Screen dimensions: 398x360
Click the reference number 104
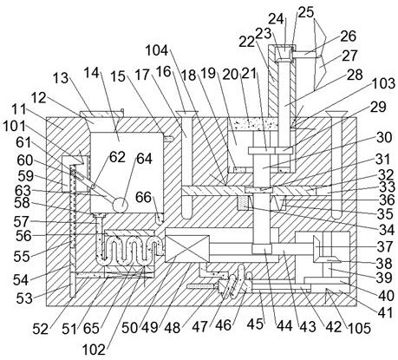[x=156, y=50]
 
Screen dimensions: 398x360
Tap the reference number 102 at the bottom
[x=94, y=350]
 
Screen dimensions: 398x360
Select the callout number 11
[x=19, y=110]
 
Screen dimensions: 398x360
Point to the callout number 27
[x=349, y=56]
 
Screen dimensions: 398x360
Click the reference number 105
[x=359, y=328]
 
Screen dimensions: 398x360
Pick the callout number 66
[x=144, y=197]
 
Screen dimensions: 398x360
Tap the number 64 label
[x=144, y=159]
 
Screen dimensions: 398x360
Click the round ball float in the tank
[x=120, y=205]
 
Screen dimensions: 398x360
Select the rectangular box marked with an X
[x=187, y=249]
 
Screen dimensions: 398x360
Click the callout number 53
[x=23, y=298]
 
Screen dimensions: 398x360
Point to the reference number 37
[x=385, y=246]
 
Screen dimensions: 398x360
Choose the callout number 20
[x=231, y=75]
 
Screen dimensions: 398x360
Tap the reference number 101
[x=14, y=127]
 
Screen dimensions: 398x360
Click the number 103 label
[x=383, y=83]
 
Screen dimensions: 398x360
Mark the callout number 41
[x=386, y=312]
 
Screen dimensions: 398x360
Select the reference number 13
[x=61, y=78]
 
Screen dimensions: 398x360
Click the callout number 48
[x=173, y=328]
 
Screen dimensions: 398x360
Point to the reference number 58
[x=23, y=203]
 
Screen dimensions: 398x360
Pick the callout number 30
[x=384, y=137]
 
